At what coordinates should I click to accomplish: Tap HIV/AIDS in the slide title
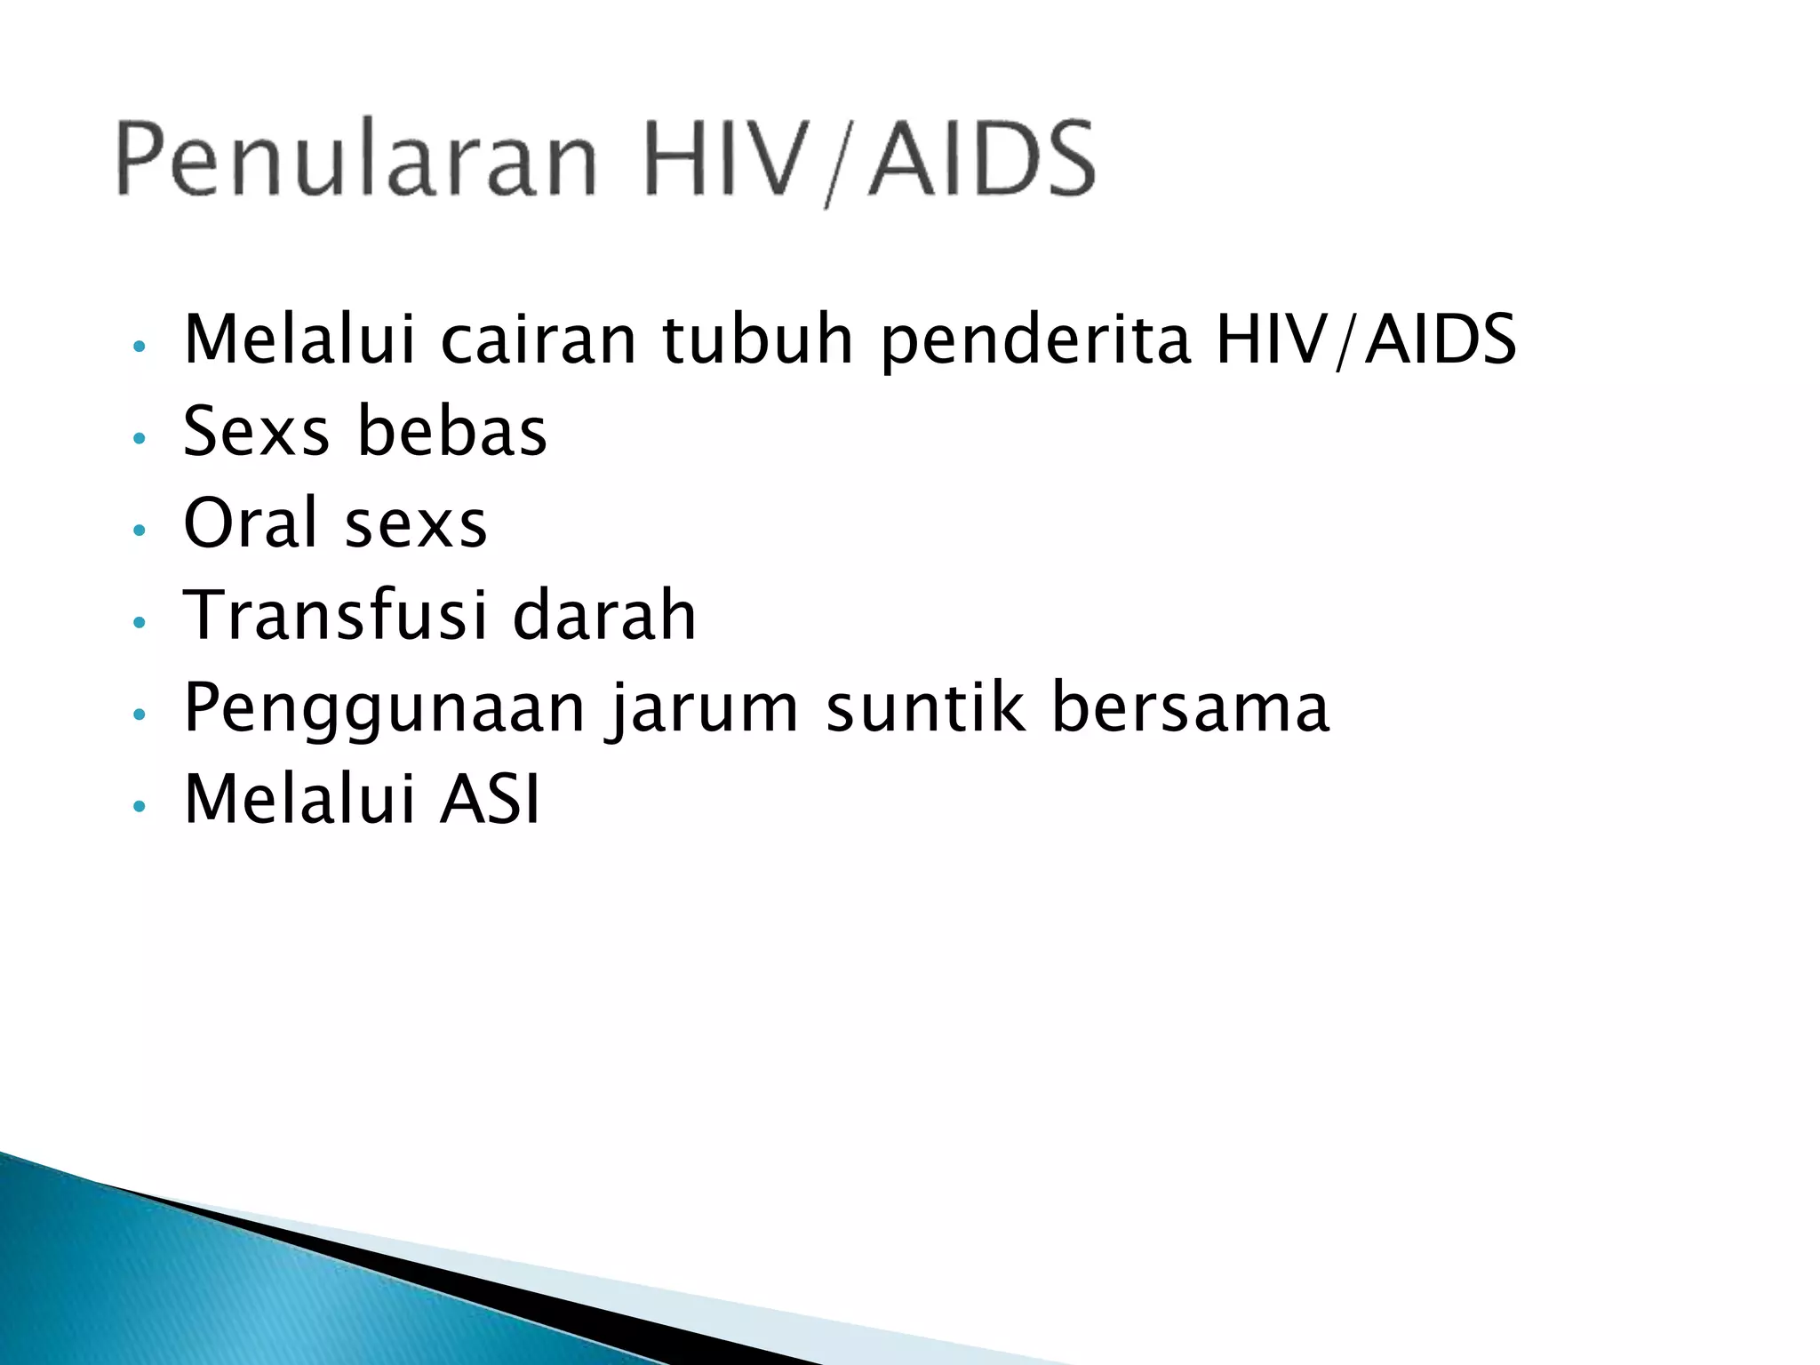pos(869,160)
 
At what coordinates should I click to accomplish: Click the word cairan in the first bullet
pos(539,339)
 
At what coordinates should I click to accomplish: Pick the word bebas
pos(452,432)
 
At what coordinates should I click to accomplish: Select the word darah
pos(604,615)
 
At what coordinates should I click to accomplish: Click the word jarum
pos(702,708)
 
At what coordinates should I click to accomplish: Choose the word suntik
pos(924,708)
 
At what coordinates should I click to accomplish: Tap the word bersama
pos(1190,708)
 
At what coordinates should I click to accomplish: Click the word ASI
pos(490,800)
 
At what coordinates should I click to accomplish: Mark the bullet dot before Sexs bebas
pos(138,438)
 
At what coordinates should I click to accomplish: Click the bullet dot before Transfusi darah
pos(138,622)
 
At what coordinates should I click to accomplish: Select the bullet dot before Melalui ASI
pos(138,806)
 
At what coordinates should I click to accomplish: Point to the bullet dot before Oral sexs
pos(138,531)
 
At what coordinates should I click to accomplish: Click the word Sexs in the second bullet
pos(256,432)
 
